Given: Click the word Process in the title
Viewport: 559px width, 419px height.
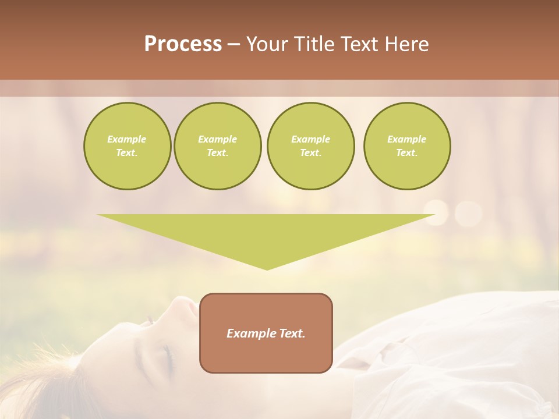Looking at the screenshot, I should (x=183, y=44).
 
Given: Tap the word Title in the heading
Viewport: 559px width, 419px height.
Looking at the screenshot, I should (x=314, y=44).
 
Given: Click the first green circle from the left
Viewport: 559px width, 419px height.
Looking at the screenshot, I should (x=127, y=146).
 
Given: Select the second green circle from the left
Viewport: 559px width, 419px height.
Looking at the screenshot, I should (x=218, y=146).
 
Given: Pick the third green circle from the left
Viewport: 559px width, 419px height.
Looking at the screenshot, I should (x=310, y=146).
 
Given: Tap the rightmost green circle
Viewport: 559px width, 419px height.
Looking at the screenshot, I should (x=407, y=146).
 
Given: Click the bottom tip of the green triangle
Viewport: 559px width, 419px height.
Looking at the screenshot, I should (x=267, y=269).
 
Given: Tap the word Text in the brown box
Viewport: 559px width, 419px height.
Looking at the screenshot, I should (x=292, y=333).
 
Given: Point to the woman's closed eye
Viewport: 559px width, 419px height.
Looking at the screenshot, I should (x=167, y=356).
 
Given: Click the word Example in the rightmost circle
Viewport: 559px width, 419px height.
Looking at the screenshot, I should (x=407, y=139).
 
